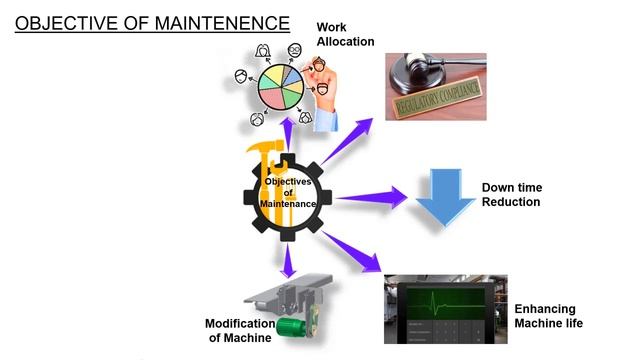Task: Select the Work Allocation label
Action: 344,35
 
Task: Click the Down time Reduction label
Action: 511,195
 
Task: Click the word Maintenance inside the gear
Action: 288,204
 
